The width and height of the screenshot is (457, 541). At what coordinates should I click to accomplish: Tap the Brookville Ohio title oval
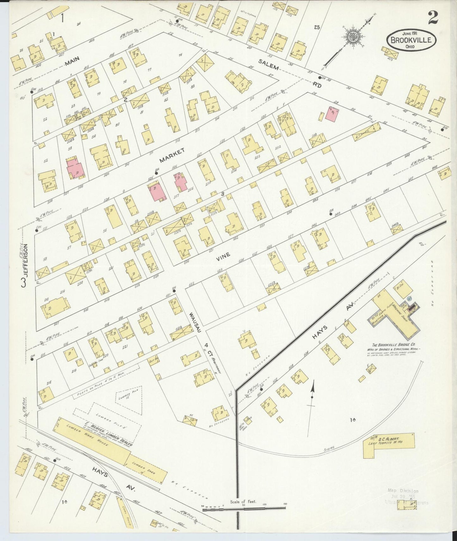(x=411, y=40)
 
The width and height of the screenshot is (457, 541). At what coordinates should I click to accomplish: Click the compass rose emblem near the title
(x=351, y=36)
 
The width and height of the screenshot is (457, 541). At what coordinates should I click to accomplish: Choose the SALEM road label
(x=269, y=64)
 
